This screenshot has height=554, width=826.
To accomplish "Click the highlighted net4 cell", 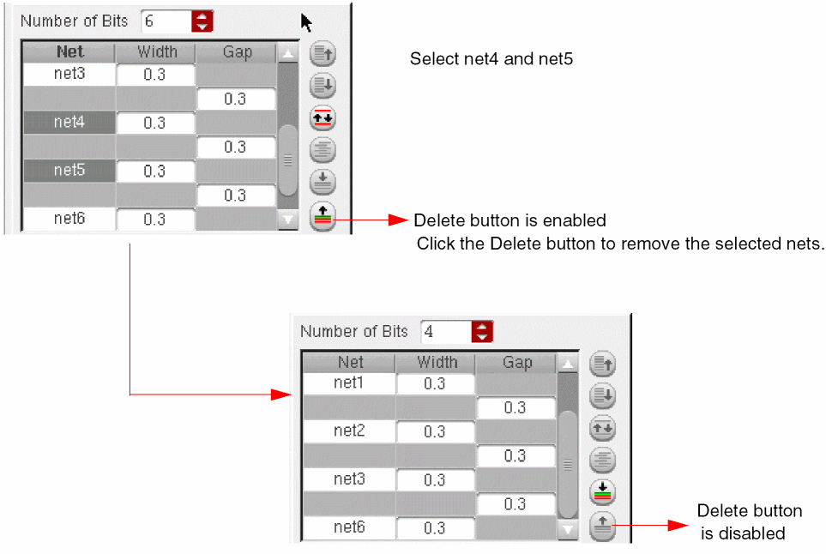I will pyautogui.click(x=69, y=123).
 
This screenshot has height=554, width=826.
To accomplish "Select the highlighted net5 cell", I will pyautogui.click(x=69, y=171).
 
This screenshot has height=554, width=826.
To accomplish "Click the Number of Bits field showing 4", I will pyautogui.click(x=445, y=331).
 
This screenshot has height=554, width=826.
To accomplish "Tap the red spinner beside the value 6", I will pyautogui.click(x=202, y=21).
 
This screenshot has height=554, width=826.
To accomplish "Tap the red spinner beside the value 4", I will pyautogui.click(x=483, y=331).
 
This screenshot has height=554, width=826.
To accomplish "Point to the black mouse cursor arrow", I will pyautogui.click(x=305, y=21).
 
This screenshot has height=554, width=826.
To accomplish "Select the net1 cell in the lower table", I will pyautogui.click(x=349, y=382).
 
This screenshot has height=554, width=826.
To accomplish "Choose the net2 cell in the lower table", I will pyautogui.click(x=349, y=431).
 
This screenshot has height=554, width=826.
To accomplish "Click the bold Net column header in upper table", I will pyautogui.click(x=69, y=52).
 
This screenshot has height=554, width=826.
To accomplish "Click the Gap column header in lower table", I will pyautogui.click(x=517, y=362).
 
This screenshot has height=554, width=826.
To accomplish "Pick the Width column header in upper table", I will pyautogui.click(x=156, y=52).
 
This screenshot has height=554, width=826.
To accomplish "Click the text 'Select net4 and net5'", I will pyautogui.click(x=491, y=59).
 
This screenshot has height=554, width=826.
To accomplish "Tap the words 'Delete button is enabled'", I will pyautogui.click(x=509, y=220).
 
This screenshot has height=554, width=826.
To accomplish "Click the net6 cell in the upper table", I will pyautogui.click(x=69, y=219).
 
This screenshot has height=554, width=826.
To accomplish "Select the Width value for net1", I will pyautogui.click(x=435, y=384).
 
